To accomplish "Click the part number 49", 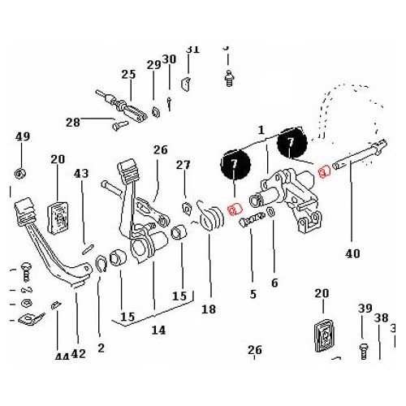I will coord(22,136).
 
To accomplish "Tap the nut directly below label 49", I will coord(22,173).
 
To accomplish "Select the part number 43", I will coord(80,174).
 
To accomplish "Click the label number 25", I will coord(128,75).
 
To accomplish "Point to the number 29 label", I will coord(153,65).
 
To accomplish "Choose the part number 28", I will coord(73,123).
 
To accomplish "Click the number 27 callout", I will coord(184,165).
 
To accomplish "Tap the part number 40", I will coord(352,253).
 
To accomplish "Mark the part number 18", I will coord(209,309).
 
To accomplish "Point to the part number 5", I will coord(253,294).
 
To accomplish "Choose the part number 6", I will coord(274,283).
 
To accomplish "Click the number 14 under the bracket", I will coord(158,330).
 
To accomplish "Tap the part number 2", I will coord(101,348).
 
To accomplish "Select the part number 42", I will coord(78,353).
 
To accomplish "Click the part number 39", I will coord(364,308).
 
